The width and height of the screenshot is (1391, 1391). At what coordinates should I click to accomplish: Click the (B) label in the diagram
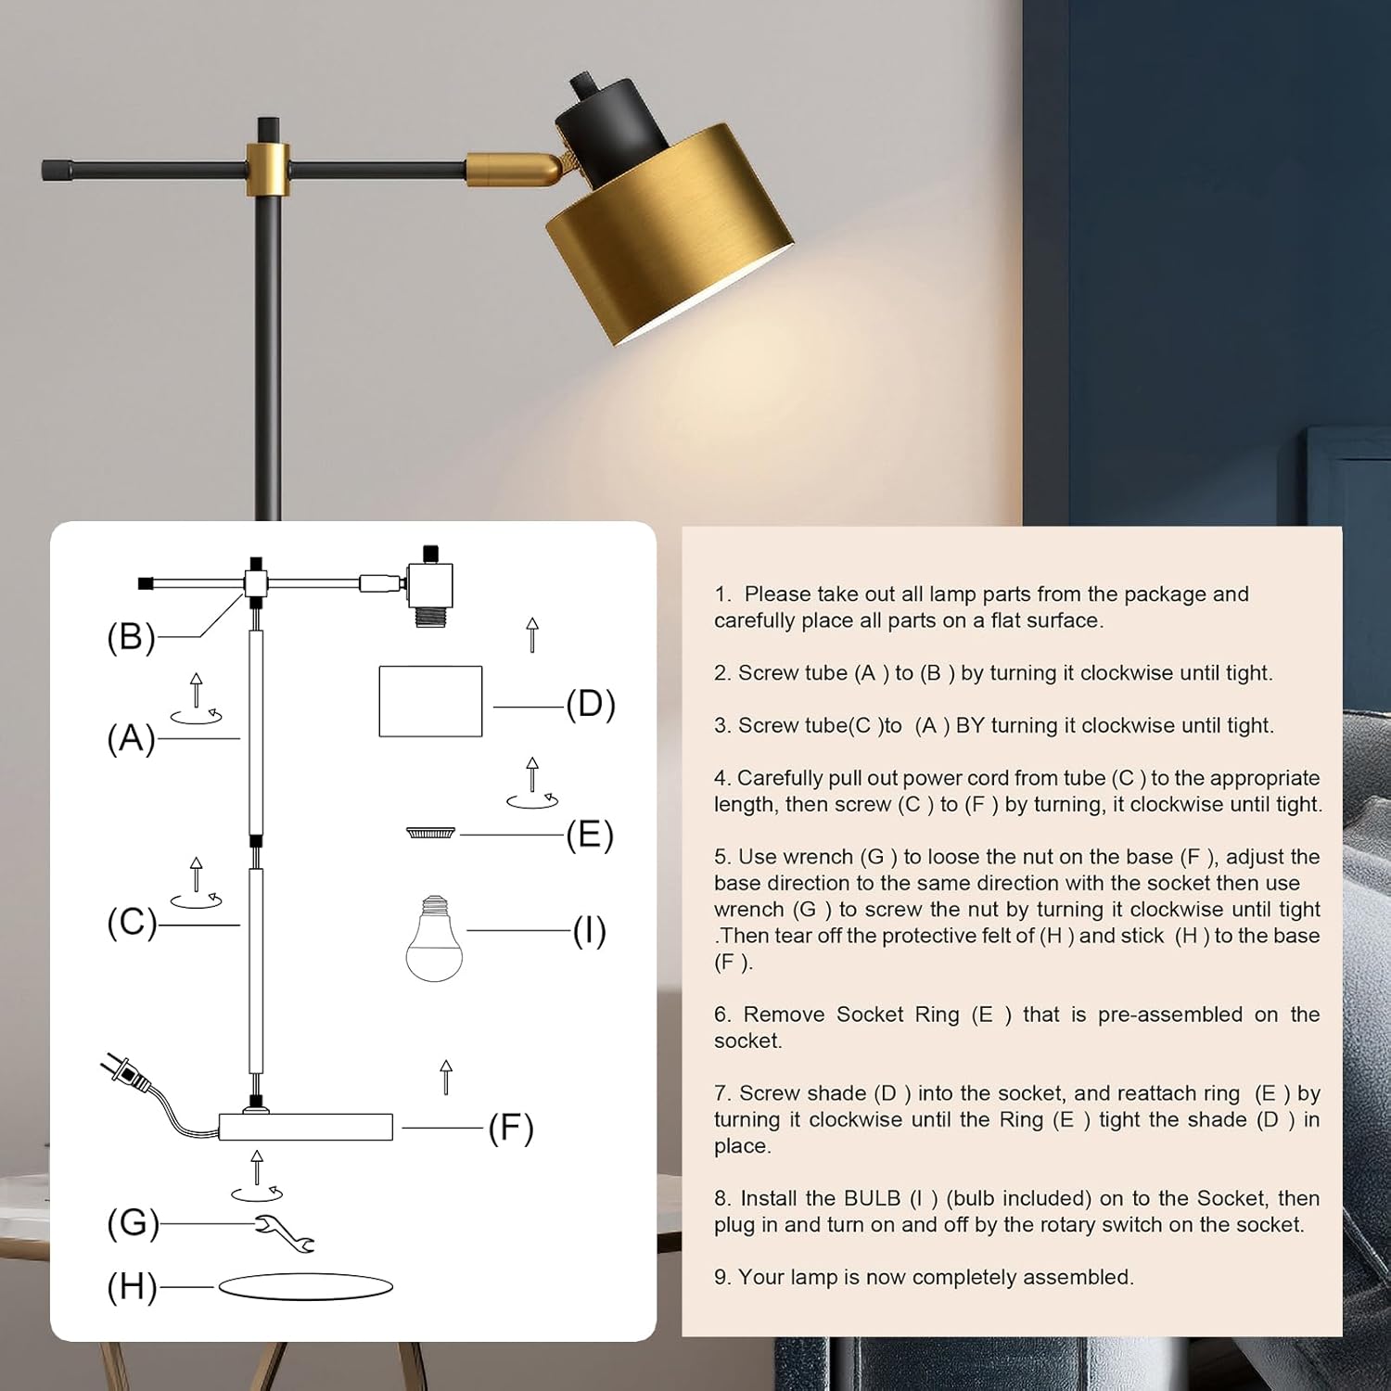tap(132, 637)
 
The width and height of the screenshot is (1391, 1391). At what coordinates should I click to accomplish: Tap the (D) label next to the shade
tap(591, 704)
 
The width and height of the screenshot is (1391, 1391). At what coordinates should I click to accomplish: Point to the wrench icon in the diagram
tap(285, 1233)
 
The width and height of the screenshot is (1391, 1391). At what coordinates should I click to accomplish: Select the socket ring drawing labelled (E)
tap(431, 833)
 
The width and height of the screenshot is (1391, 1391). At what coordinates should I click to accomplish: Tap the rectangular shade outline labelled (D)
tap(430, 701)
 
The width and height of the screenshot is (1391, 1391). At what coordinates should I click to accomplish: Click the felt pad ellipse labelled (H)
tap(306, 1287)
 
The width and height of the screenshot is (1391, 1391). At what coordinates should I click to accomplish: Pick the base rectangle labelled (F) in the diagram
tap(306, 1127)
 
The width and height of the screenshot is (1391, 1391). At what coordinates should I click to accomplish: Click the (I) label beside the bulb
tap(590, 930)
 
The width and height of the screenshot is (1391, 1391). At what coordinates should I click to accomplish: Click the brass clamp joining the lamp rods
tap(268, 170)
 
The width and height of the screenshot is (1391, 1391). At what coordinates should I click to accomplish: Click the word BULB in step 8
tap(873, 1198)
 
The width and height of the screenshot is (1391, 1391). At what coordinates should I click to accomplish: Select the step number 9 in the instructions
tap(721, 1277)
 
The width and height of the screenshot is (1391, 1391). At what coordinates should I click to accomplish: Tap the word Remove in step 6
tap(785, 1015)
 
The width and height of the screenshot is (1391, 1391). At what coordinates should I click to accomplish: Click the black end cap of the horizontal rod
tap(55, 170)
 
